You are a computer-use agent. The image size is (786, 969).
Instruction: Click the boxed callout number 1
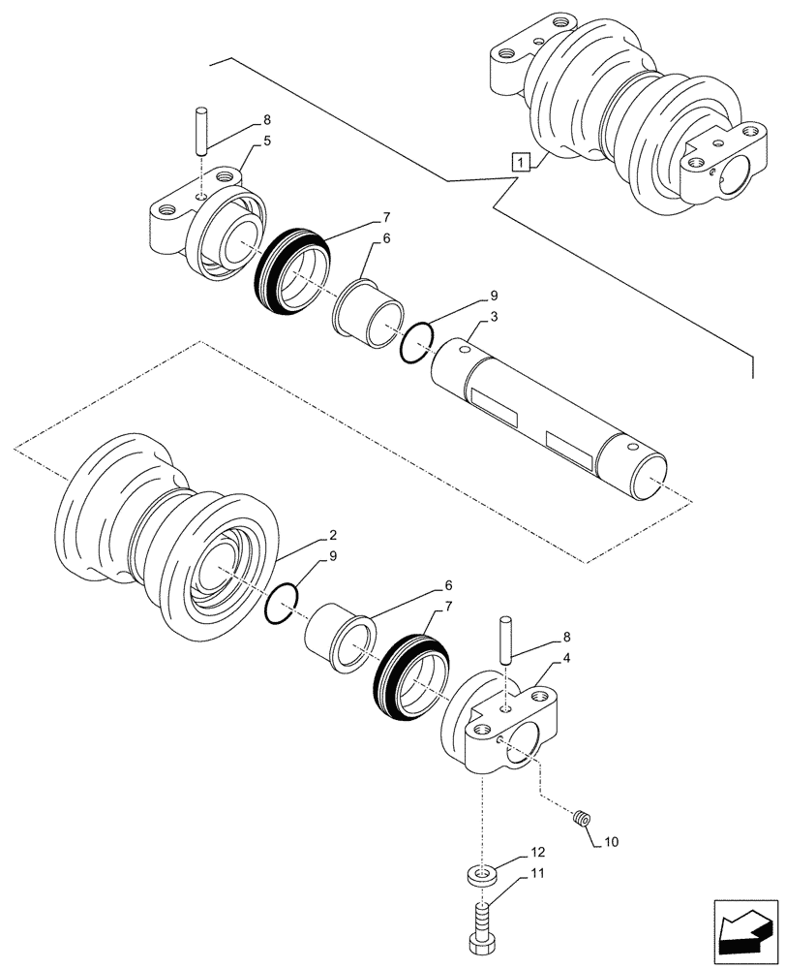pos(522,162)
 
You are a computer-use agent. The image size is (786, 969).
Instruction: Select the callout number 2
pos(333,535)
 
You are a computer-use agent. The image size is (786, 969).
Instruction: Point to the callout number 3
pos(494,317)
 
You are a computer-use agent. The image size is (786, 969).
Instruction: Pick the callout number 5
pos(268,141)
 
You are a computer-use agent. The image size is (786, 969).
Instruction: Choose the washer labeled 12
pos(481,875)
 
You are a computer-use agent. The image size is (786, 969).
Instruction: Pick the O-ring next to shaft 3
pos(415,343)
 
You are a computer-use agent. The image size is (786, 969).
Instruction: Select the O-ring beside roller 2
pos(282,606)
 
